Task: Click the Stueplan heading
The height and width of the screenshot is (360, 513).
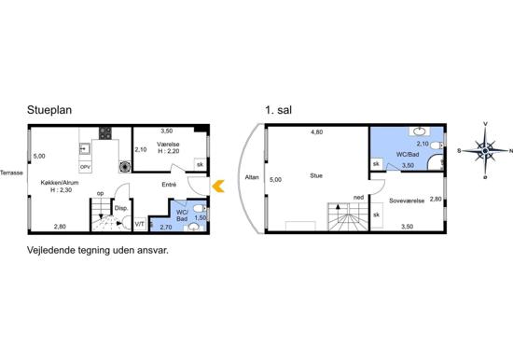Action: pyautogui.click(x=49, y=110)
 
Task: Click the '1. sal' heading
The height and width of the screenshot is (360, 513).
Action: pyautogui.click(x=279, y=110)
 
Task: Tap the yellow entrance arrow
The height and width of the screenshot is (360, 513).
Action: pyautogui.click(x=218, y=187)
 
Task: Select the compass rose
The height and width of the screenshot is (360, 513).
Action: pyautogui.click(x=485, y=150)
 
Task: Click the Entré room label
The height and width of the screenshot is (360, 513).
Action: pyautogui.click(x=169, y=185)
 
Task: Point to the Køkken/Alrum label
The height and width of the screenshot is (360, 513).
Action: pyautogui.click(x=60, y=183)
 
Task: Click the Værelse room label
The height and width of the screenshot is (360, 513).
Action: pyautogui.click(x=168, y=145)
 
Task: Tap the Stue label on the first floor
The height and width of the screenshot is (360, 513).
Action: pyautogui.click(x=316, y=175)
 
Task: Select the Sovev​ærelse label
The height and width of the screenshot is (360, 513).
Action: pyautogui.click(x=407, y=201)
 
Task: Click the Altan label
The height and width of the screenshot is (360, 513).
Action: pyautogui.click(x=252, y=177)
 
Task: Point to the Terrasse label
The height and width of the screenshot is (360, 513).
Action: pyautogui.click(x=11, y=173)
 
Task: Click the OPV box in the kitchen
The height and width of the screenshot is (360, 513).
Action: pyautogui.click(x=85, y=167)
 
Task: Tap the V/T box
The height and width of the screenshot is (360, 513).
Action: pyautogui.click(x=140, y=224)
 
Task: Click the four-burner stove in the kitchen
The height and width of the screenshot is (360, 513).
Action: pyautogui.click(x=105, y=132)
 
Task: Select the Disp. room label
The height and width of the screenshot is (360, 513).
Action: pyautogui.click(x=120, y=208)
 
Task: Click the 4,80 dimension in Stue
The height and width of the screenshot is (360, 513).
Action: pyautogui.click(x=317, y=132)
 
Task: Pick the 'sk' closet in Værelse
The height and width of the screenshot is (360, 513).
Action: pyautogui.click(x=200, y=164)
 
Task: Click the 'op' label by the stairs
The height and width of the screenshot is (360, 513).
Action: pyautogui.click(x=101, y=193)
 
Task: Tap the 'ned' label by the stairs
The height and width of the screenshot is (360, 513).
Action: pyautogui.click(x=358, y=198)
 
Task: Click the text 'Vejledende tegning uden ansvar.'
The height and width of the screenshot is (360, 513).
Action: pyautogui.click(x=98, y=251)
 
